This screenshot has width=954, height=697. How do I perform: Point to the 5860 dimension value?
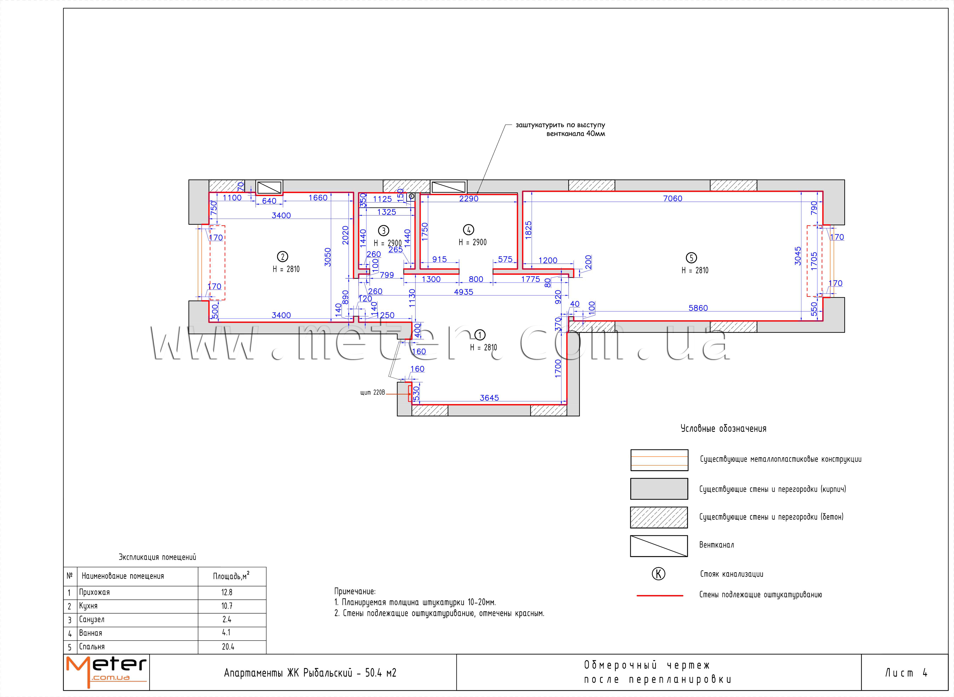(698, 308)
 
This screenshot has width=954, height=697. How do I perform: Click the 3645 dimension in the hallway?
(489, 398)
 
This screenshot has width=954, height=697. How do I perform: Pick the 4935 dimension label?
(464, 292)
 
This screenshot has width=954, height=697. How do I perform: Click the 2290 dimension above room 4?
(468, 199)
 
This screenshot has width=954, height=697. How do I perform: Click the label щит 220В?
(372, 393)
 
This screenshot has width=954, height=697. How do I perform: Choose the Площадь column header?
(231, 576)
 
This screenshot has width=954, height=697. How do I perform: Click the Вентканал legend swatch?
(659, 546)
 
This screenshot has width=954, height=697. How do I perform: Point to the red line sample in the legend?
(660, 595)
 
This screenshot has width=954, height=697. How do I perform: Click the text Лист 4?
(905, 673)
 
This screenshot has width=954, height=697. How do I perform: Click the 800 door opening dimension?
(476, 279)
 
